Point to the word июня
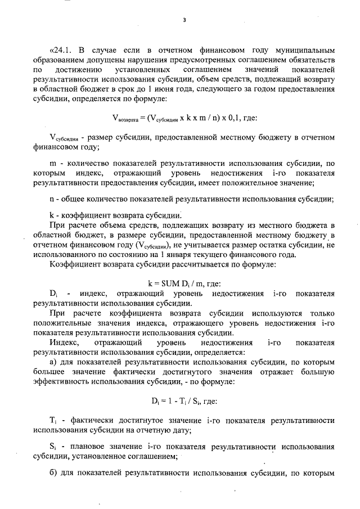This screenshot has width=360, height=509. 168,89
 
